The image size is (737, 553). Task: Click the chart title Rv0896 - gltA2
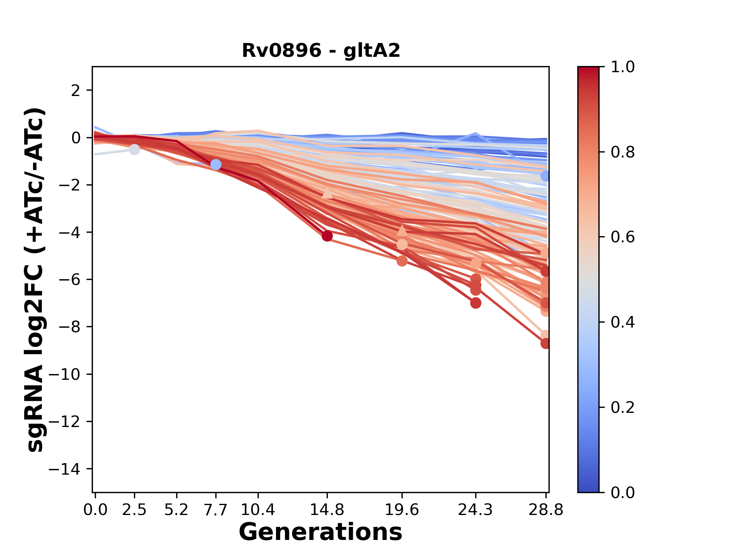point(321,51)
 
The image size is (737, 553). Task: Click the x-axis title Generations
point(321,532)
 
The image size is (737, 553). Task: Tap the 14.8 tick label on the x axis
point(327,510)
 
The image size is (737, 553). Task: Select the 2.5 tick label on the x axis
point(134,510)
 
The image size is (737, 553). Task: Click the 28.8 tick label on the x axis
point(546,510)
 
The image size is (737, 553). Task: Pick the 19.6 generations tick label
point(402,510)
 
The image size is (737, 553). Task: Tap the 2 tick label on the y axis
point(76,91)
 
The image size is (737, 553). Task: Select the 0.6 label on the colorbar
point(623,237)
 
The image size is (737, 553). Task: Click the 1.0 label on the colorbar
point(623,67)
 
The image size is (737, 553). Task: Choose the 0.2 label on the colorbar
point(623,407)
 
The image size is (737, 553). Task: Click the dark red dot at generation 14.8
point(327,236)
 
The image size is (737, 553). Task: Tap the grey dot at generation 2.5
point(134,149)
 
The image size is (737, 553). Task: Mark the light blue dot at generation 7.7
point(216,165)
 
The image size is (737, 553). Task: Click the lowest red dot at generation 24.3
point(476,303)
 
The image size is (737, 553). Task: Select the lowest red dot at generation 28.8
point(545,343)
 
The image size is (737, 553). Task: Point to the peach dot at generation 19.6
point(402,244)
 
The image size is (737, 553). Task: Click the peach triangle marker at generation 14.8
point(327,193)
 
